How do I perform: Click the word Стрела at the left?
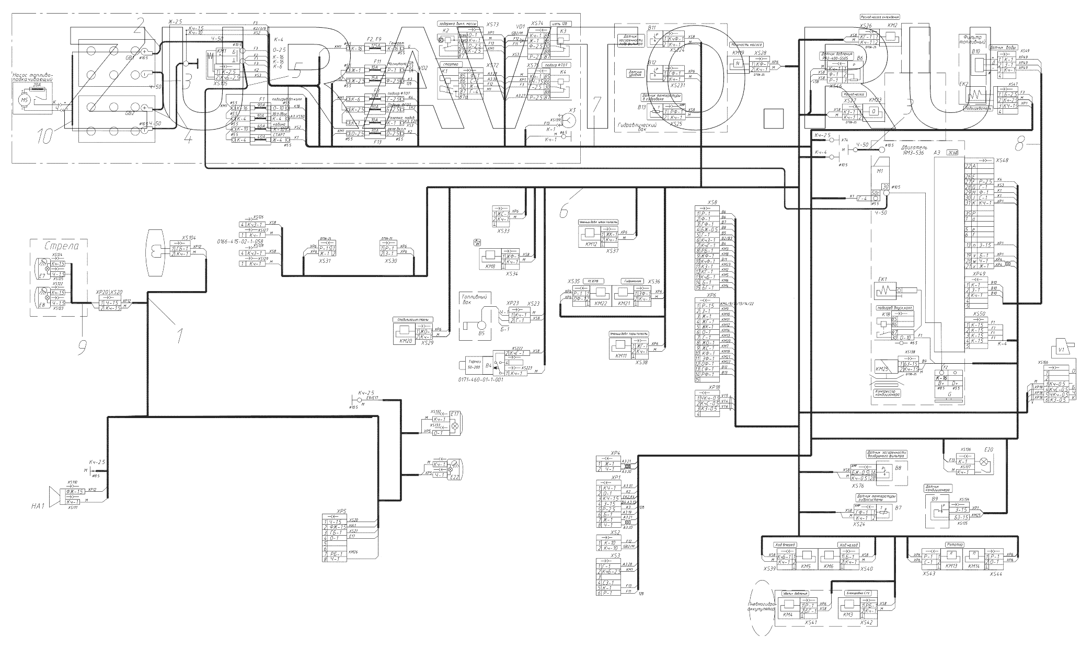click(59, 246)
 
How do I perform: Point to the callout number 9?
click(82, 346)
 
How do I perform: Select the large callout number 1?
click(180, 334)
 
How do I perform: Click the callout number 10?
click(45, 137)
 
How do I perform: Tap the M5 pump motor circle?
click(26, 99)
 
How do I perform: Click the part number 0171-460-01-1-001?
click(480, 380)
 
